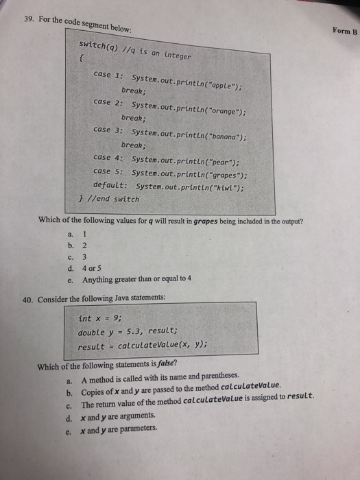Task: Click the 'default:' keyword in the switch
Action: [111, 186]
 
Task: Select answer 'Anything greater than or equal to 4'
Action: [136, 279]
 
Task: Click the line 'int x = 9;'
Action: [101, 318]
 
